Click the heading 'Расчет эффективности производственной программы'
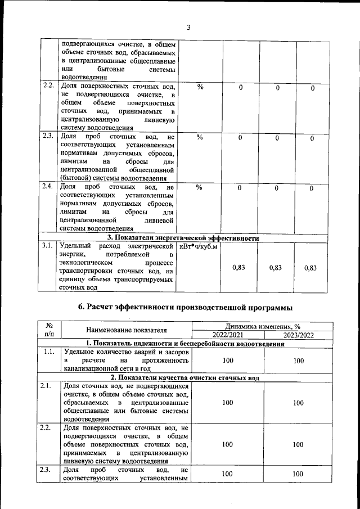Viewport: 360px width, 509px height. click(x=186, y=307)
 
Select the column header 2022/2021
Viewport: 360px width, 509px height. click(x=228, y=335)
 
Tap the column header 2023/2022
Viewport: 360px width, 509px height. click(x=299, y=335)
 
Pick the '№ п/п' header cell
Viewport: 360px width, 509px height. click(x=49, y=330)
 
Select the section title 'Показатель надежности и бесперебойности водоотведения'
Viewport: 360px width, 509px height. click(x=185, y=343)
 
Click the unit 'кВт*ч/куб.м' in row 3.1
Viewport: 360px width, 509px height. click(x=199, y=246)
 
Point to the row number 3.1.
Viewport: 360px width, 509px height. click(x=48, y=246)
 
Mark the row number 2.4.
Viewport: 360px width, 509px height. click(x=48, y=186)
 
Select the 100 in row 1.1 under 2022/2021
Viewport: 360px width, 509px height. click(x=228, y=361)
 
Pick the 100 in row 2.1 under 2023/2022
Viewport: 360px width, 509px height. click(x=299, y=403)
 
